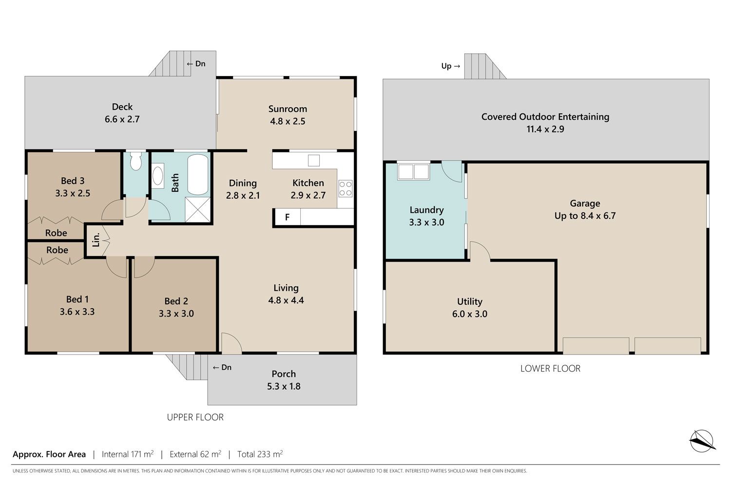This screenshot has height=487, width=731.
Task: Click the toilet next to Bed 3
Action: click(135, 161)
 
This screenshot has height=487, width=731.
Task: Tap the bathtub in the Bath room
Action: click(198, 174)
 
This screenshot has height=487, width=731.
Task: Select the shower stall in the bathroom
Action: click(198, 209)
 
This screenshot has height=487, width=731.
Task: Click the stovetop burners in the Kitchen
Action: click(345, 188)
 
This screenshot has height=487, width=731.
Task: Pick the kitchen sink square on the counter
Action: click(314, 161)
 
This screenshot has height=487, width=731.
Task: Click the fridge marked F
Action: click(288, 217)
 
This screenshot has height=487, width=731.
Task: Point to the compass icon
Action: click(702, 441)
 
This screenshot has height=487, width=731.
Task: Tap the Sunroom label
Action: click(288, 109)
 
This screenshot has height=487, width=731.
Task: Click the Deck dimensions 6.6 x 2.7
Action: click(122, 119)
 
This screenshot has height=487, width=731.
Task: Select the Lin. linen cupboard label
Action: click(96, 240)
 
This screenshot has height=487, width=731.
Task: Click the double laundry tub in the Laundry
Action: click(413, 171)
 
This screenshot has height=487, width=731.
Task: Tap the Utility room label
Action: click(470, 301)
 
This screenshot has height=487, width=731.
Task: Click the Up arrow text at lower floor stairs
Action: click(451, 66)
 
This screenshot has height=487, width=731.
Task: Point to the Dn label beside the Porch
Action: click(222, 367)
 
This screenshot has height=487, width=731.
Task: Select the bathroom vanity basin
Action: click(158, 176)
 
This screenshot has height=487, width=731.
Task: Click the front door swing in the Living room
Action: click(231, 343)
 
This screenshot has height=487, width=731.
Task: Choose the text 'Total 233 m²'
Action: click(260, 454)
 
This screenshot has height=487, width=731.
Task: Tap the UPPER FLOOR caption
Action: click(195, 417)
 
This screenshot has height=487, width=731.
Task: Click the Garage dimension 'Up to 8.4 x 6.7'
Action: click(585, 216)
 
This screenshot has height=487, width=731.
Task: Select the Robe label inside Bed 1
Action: click(57, 250)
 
